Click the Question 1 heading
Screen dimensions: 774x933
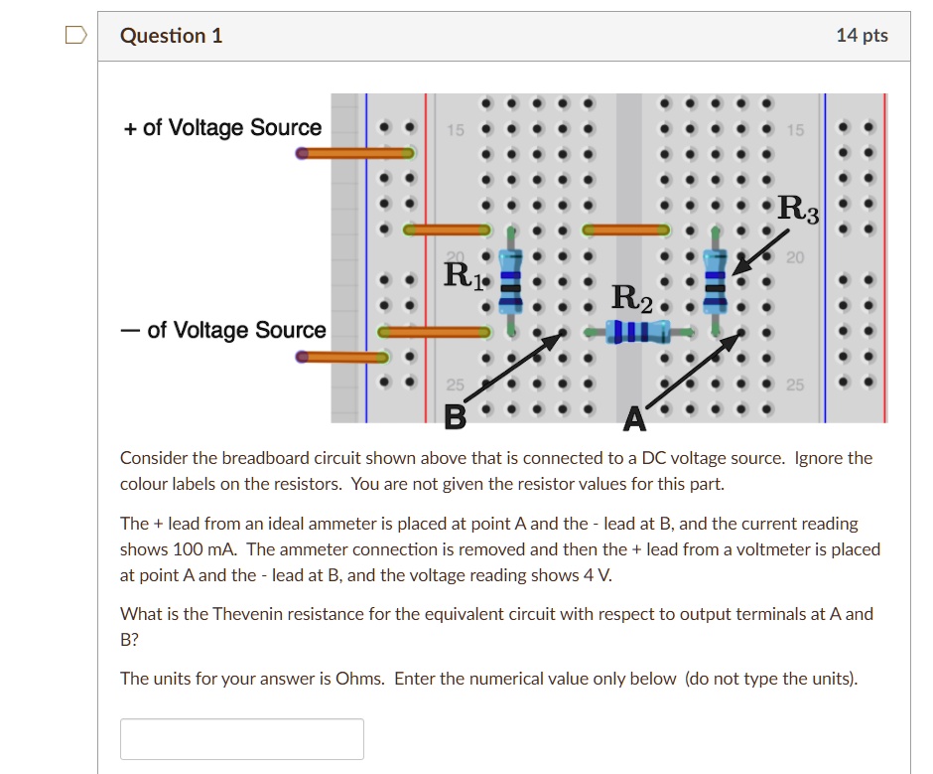click(171, 37)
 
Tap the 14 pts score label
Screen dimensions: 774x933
click(862, 37)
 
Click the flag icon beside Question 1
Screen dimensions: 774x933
click(75, 37)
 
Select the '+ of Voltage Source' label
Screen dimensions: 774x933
click(223, 128)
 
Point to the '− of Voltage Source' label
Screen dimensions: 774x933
click(223, 330)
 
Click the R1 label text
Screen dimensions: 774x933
click(464, 274)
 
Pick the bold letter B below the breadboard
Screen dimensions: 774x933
click(455, 418)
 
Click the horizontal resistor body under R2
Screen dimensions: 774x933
click(633, 331)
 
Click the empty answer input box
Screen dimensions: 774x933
click(241, 739)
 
